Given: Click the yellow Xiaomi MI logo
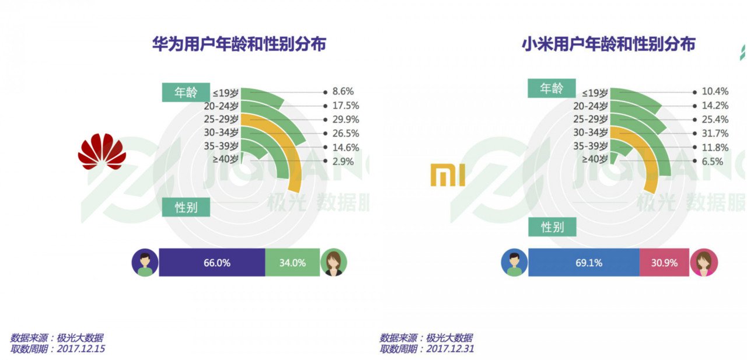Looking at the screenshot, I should [448, 175].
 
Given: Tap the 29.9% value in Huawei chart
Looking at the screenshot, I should [345, 120].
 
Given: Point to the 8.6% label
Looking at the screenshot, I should [343, 92].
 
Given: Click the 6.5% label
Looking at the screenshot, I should [712, 161].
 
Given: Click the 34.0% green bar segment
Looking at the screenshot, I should [292, 263].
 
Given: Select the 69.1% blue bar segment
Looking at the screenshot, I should [584, 263].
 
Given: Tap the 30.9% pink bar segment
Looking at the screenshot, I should [664, 263].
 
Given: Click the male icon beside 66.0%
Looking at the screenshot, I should [145, 263].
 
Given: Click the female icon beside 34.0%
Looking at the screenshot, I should [334, 263].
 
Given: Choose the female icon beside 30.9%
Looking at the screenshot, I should [704, 263].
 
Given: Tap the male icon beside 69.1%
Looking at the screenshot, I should [514, 263].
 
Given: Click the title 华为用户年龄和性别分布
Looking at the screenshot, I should [239, 44].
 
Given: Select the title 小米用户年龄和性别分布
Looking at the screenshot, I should [609, 44].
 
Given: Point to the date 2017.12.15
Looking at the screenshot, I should [82, 349].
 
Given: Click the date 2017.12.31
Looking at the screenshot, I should [451, 349].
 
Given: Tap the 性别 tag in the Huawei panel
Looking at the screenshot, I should [186, 207].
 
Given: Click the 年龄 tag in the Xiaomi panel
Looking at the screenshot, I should [551, 89].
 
